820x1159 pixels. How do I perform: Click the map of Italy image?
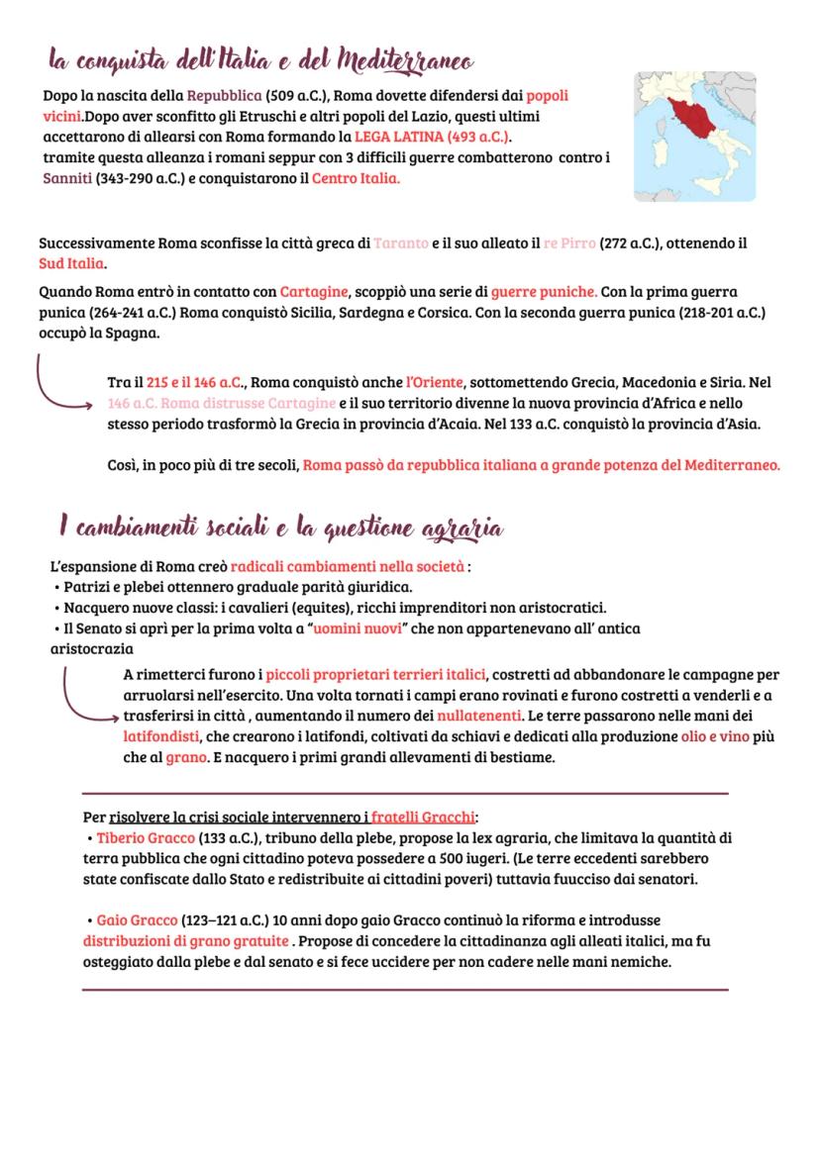click(x=694, y=137)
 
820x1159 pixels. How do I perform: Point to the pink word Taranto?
click(x=401, y=243)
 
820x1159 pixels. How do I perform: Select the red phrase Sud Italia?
click(x=70, y=265)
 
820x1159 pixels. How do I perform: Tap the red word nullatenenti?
click(x=479, y=716)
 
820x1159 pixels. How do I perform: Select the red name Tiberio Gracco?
click(x=146, y=838)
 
